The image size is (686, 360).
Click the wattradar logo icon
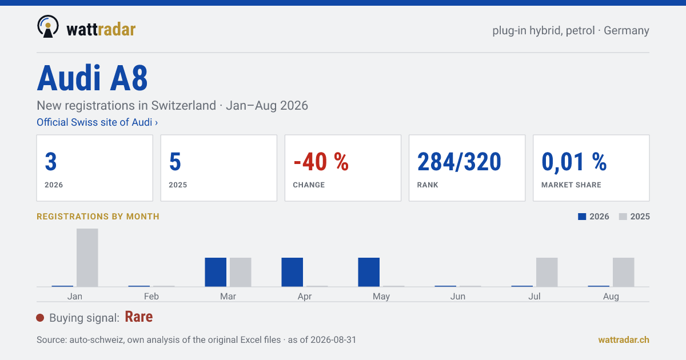[x=48, y=26]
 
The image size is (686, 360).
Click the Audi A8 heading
[x=92, y=78]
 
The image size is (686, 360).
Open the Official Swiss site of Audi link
[x=97, y=122]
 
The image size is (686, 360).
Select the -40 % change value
[x=321, y=162]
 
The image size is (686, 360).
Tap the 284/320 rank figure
[x=459, y=162]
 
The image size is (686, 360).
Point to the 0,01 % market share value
[x=574, y=162]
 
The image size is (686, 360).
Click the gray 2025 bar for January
[x=87, y=258]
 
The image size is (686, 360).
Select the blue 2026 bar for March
[x=216, y=272]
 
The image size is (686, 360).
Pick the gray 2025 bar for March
[x=241, y=272]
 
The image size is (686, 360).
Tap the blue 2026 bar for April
[x=292, y=272]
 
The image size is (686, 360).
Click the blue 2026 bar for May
[x=369, y=272]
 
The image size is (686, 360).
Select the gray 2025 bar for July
[x=547, y=272]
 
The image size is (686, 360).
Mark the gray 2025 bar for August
[x=624, y=272]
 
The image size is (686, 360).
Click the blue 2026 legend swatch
[x=582, y=217]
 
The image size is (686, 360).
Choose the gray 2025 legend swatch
[x=623, y=217]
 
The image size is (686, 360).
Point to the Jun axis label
[x=457, y=297]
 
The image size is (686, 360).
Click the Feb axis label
[x=151, y=297]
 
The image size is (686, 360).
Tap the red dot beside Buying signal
[x=40, y=318]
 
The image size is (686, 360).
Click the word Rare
[x=139, y=317]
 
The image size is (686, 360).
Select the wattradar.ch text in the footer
[x=624, y=340]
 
